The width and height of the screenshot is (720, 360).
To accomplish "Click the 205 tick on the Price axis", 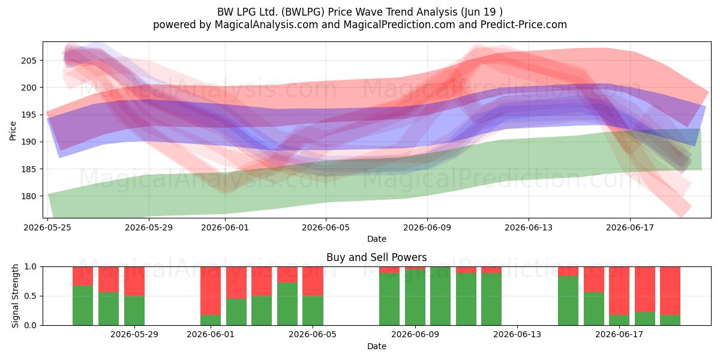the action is click(x=29, y=61).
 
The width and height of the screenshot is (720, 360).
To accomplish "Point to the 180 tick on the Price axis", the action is click(x=29, y=196).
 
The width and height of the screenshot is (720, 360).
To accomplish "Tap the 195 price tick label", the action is click(x=29, y=115).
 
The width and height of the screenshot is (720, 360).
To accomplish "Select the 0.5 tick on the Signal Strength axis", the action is click(x=31, y=296).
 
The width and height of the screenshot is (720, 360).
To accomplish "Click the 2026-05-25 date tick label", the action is click(x=47, y=227).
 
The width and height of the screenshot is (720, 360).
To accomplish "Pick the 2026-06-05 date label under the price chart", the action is click(x=326, y=227).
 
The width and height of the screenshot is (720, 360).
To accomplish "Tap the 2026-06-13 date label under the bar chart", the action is click(x=517, y=335).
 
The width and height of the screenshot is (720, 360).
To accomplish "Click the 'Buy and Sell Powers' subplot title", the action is click(x=377, y=257).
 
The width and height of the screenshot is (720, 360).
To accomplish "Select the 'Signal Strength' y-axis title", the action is click(x=15, y=296).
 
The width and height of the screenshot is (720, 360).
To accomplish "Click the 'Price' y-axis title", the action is click(x=13, y=131).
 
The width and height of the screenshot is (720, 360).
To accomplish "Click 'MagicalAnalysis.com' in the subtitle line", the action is click(x=266, y=25).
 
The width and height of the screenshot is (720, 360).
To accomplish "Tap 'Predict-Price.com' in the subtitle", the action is click(x=524, y=25).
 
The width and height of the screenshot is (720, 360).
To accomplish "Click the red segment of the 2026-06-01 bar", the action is click(x=211, y=291).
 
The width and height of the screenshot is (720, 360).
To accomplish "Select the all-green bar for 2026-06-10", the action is click(x=440, y=296).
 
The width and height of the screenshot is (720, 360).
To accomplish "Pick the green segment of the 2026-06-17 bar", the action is click(x=619, y=320).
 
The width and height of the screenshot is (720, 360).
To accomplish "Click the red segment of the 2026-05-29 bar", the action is click(x=134, y=281).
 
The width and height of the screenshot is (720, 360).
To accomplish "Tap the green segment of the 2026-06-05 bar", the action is click(x=313, y=311).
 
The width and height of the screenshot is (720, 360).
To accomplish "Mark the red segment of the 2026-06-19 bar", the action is click(x=671, y=291).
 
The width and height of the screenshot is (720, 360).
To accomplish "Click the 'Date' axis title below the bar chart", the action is click(x=377, y=346).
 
